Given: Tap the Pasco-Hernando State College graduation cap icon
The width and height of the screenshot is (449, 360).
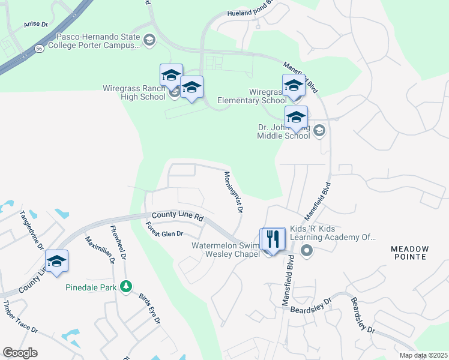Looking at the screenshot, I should coord(149,41).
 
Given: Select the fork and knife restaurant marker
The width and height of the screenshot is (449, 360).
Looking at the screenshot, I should coord(273,239).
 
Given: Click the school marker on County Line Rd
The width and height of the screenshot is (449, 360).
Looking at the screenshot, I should coord(56,261).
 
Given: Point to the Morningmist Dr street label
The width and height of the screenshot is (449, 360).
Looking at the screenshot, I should coord(233,193).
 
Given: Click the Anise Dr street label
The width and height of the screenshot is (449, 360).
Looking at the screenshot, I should coord(35,25).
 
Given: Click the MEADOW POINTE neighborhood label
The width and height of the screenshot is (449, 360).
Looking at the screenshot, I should coord(410,253).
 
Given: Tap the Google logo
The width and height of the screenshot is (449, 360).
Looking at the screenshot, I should coord(20,353).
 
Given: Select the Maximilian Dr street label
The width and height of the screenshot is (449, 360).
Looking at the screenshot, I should coord(99,250).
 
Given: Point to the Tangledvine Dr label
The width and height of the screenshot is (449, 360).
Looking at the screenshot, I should coord(31,229).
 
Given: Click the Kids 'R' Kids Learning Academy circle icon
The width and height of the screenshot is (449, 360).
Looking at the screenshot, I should coord(307,250).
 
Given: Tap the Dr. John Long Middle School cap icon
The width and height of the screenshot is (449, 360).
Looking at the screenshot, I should coord(319,130).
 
